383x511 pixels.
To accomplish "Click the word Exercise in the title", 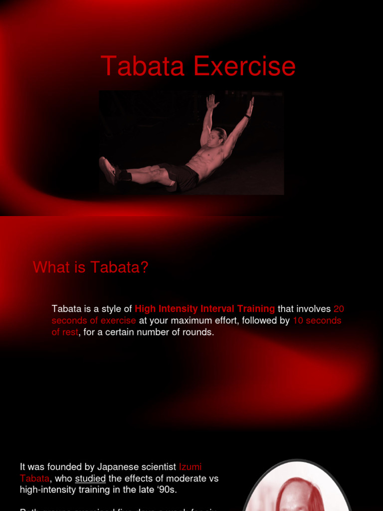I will (244, 67).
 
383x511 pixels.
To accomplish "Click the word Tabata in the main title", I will (143, 67).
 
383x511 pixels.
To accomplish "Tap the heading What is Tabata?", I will (91, 267).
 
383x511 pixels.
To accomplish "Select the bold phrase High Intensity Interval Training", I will (204, 309).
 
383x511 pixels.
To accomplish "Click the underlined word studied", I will (90, 479).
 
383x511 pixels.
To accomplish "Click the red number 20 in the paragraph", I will (339, 309).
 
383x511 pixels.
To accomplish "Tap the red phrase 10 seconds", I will (317, 320).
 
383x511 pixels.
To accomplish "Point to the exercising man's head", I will (216, 137).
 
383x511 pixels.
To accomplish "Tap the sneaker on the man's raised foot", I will (107, 170).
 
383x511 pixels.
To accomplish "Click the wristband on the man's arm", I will (247, 116).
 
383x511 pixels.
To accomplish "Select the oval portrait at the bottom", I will (296, 486).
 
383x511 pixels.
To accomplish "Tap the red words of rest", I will (65, 332).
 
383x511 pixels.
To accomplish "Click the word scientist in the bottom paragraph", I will (159, 467).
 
